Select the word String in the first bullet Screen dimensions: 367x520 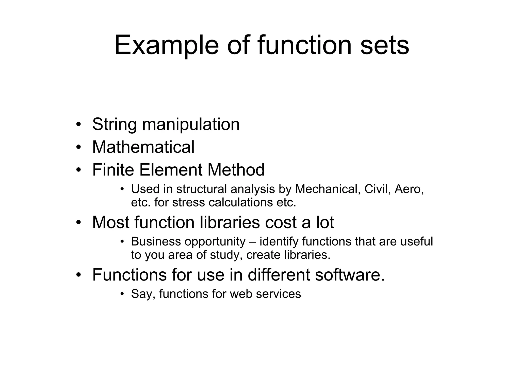(x=115, y=124)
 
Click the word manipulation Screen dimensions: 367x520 (x=191, y=124)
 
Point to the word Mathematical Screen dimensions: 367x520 (x=143, y=147)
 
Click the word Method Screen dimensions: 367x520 (x=236, y=170)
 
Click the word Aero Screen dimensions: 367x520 (x=409, y=189)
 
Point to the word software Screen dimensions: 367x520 (x=350, y=275)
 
